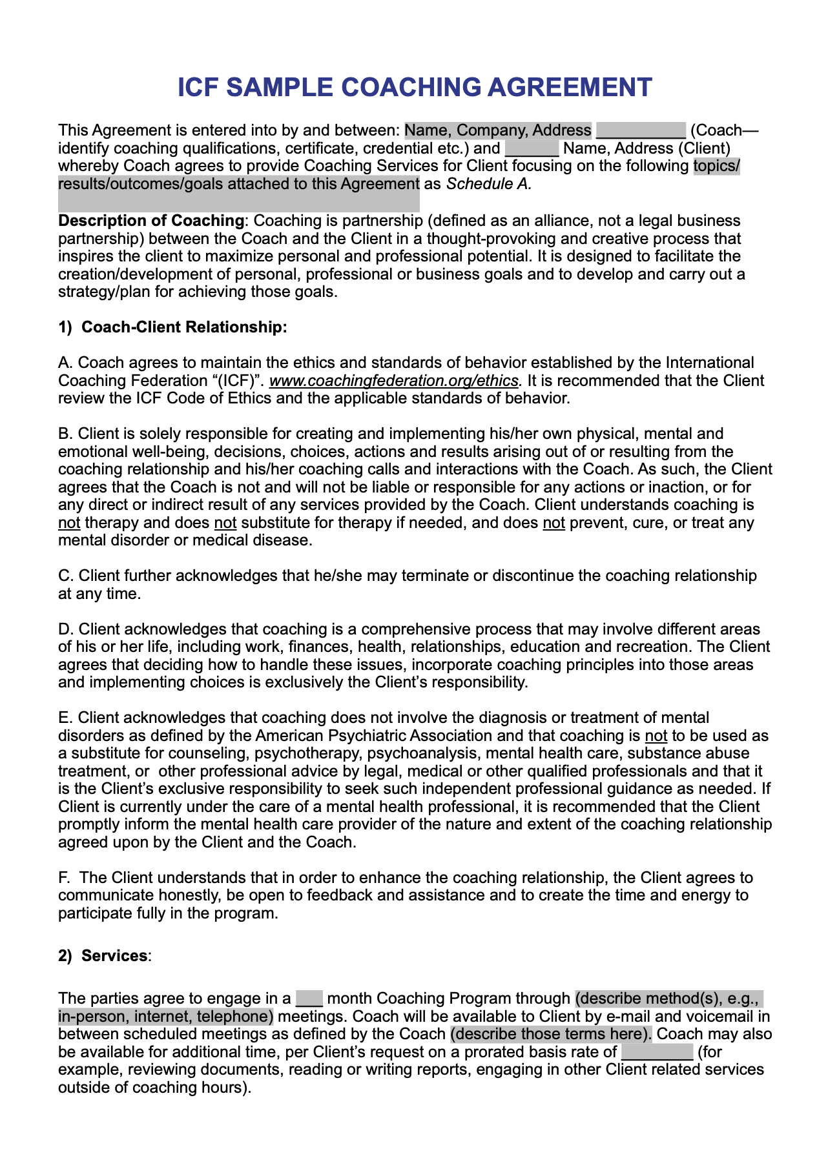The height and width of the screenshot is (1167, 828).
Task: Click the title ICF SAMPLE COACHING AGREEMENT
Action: [415, 87]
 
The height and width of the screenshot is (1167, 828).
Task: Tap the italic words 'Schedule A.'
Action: [489, 184]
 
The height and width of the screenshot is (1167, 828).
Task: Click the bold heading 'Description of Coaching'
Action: [151, 221]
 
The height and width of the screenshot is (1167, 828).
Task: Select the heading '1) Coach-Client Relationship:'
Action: [172, 327]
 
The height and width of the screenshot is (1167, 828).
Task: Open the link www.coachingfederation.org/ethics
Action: [393, 381]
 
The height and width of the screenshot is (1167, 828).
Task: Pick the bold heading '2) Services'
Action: [103, 955]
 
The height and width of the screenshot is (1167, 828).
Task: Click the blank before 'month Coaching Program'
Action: [309, 999]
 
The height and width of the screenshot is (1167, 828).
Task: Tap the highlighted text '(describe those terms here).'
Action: [551, 1034]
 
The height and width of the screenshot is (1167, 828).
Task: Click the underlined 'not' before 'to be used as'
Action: [656, 736]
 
